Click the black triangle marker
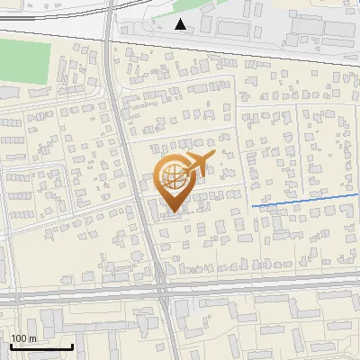click(x=182, y=24)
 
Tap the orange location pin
click(x=175, y=179)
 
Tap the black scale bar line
click(x=41, y=346)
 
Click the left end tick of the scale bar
click(x=11, y=345)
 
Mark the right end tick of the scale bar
click(x=72, y=345)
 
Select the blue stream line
click(x=297, y=201)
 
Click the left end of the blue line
click(x=253, y=207)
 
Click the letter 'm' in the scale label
click(x=34, y=338)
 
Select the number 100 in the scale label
click(x=20, y=338)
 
